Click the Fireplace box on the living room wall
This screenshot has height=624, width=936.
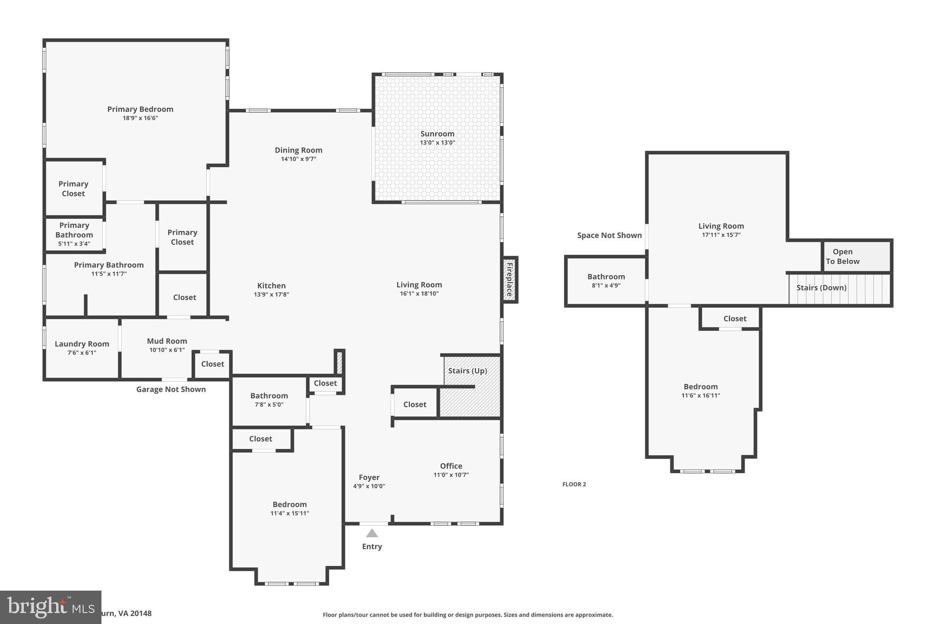[x=509, y=279]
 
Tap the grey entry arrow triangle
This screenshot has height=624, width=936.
[x=372, y=533]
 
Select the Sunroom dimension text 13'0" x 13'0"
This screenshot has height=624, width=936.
[x=437, y=143]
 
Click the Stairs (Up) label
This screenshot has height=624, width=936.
[x=468, y=371]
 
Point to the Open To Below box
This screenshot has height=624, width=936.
[x=856, y=256]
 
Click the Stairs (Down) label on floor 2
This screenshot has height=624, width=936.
[x=821, y=288]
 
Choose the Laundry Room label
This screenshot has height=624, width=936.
[x=82, y=344]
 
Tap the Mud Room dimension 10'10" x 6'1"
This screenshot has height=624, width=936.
[x=167, y=350]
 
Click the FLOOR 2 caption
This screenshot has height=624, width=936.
[x=574, y=484]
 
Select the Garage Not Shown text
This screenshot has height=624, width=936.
[x=171, y=389]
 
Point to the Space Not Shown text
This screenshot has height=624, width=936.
[x=609, y=235]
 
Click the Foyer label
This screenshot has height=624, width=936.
[x=369, y=477]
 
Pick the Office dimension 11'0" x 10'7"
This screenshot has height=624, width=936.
[x=451, y=475]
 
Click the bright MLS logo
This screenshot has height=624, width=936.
[x=50, y=607]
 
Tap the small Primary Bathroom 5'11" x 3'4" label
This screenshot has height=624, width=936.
[x=74, y=234]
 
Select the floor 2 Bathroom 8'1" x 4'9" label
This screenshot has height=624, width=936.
[x=606, y=281]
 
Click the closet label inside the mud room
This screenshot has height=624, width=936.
[x=213, y=364]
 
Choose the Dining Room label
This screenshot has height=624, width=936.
[x=298, y=150]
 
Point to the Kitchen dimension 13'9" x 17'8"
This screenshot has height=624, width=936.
[x=271, y=294]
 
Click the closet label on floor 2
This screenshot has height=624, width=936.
[x=734, y=319]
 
